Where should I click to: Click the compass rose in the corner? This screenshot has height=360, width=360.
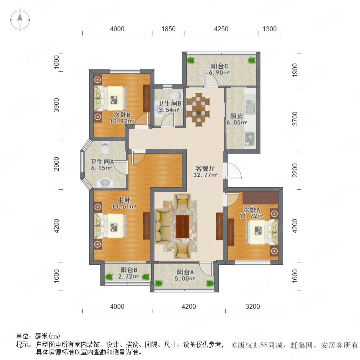20,20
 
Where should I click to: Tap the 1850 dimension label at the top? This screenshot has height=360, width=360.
168,29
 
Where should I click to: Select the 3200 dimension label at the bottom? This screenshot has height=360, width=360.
252,306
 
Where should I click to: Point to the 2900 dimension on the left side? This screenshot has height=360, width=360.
56,164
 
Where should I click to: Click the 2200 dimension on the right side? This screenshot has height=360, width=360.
295,170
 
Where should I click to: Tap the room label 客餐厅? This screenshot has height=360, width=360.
205,168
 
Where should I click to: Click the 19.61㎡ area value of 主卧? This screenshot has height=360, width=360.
124,207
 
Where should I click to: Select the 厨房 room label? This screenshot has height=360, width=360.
236,116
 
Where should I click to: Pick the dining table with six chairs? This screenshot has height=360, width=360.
198,110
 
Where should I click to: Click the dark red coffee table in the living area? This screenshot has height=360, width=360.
182,227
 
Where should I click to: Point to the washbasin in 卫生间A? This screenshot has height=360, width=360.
105,183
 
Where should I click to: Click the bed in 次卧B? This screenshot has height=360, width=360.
111,98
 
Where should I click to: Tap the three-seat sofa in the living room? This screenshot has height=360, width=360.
162,226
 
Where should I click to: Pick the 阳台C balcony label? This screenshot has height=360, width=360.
219,66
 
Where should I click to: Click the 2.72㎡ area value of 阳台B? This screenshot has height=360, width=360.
128,276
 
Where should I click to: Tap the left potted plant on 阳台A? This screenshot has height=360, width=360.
158,283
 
